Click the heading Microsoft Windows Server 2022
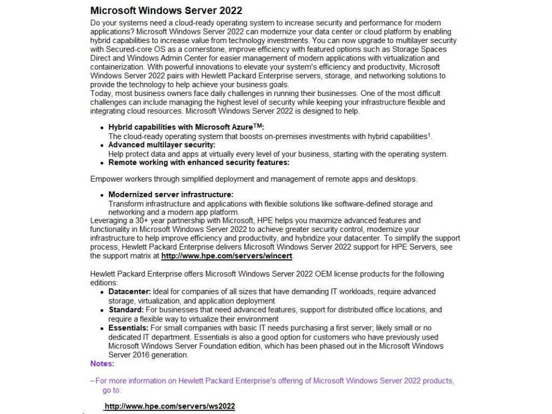click(x=166, y=11)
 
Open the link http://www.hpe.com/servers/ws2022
click(x=170, y=406)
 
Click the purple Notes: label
click(x=102, y=364)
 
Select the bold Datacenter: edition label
click(x=130, y=292)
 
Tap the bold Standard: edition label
click(x=126, y=310)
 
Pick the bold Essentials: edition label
click(x=128, y=328)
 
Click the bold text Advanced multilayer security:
click(x=162, y=145)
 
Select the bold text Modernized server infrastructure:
click(x=171, y=195)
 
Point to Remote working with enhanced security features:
click(x=199, y=162)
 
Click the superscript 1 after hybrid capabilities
click(x=429, y=134)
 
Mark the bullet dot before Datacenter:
click(x=102, y=292)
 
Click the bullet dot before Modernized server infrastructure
click(x=102, y=195)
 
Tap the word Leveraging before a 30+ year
click(x=109, y=221)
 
